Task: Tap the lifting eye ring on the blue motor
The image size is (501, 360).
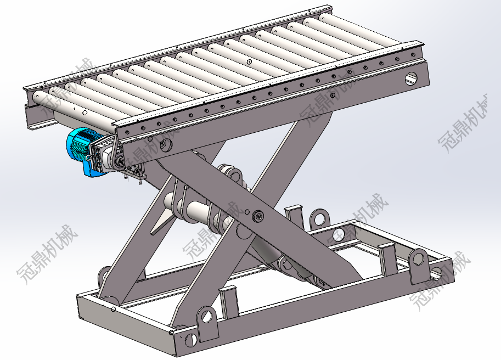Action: [88, 157]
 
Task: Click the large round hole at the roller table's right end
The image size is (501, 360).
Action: [411, 78]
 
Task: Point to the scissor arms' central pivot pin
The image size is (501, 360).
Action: [258, 217]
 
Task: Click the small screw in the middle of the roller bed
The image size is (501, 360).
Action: [249, 61]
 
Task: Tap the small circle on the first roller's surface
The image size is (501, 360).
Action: [85, 113]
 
